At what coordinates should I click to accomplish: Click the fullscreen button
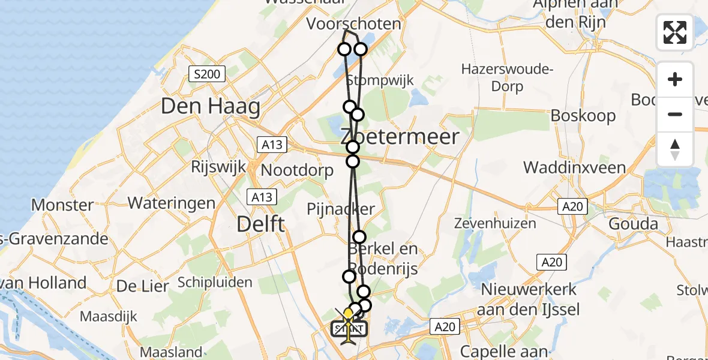(x=675, y=32)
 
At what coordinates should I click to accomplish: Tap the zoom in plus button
(x=675, y=79)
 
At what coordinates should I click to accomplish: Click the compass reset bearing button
(x=675, y=149)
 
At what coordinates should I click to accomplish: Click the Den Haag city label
(x=211, y=107)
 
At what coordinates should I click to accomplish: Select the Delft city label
(x=260, y=224)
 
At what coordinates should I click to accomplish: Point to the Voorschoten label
(x=353, y=24)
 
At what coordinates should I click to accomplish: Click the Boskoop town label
(x=583, y=115)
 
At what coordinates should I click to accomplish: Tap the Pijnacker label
(x=341, y=209)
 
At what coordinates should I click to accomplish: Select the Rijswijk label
(x=219, y=166)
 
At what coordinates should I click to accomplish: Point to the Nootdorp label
(x=297, y=170)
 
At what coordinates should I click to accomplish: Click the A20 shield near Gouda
(x=572, y=207)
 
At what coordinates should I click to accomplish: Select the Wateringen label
(x=171, y=203)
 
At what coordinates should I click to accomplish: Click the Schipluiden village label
(x=215, y=282)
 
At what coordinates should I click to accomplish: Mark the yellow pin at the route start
(x=348, y=313)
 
